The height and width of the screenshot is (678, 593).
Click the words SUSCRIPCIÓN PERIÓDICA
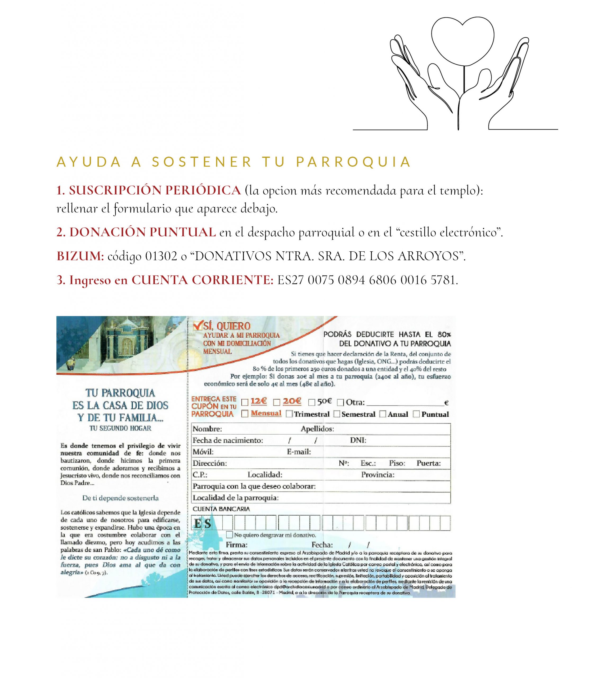click(155, 190)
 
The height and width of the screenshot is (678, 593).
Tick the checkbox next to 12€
click(245, 403)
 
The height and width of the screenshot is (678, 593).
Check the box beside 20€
click(277, 403)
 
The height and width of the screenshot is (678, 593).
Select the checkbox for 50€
click(311, 403)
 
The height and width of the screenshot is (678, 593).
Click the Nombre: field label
click(207, 429)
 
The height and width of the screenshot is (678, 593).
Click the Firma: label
click(237, 545)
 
